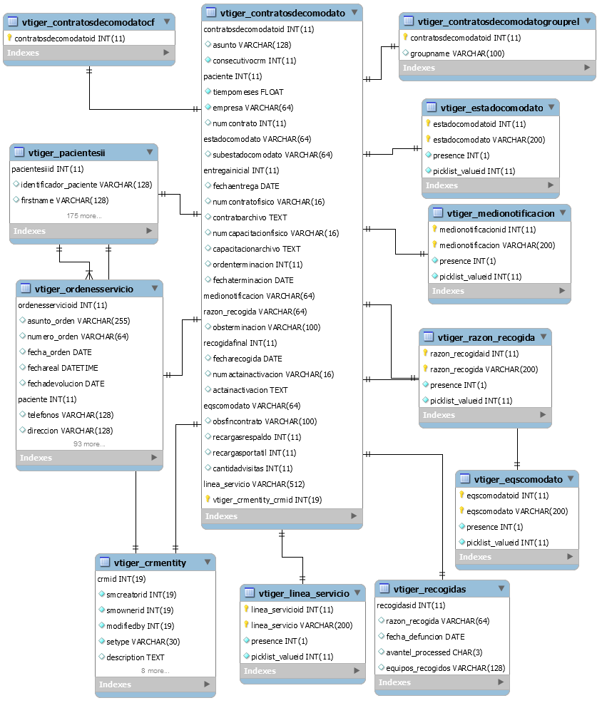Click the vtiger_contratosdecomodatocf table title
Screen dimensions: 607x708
88,22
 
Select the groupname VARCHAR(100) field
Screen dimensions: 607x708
457,53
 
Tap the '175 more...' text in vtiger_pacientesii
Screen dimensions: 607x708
84,216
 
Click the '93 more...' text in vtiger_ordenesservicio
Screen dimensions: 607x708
89,444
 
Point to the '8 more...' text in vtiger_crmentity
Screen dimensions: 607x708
155,670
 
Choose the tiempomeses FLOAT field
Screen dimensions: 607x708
248,92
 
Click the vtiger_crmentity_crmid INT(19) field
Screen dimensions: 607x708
267,500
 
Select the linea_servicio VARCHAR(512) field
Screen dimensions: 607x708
254,484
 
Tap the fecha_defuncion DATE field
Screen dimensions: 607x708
425,637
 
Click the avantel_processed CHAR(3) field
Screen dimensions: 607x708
434,652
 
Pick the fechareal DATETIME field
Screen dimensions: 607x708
63,368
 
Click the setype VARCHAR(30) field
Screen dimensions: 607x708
143,642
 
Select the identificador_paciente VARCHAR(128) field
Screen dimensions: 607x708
86,185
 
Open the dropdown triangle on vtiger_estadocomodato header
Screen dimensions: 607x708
551,108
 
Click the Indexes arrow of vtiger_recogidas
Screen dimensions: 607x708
501,682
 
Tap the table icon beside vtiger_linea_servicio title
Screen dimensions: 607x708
250,592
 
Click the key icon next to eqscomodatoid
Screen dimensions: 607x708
461,495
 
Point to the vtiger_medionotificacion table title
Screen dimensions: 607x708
501,214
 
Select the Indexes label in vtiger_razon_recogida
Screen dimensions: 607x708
439,415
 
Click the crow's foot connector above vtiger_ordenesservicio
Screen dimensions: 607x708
89,274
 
